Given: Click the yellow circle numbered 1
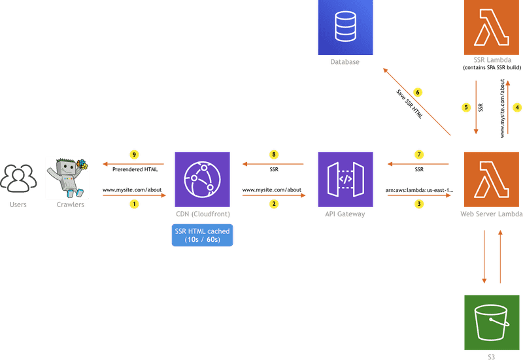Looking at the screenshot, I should (134, 204).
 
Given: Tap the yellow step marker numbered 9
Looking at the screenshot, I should (134, 155).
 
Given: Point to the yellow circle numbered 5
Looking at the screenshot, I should (466, 107).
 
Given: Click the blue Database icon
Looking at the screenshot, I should (345, 27).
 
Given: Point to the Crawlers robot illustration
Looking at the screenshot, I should (67, 176).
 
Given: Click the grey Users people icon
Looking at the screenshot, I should (18, 178).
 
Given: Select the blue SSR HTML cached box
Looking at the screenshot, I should (202, 236).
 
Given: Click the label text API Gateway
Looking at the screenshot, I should (345, 214).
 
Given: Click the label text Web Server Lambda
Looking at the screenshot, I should (492, 214).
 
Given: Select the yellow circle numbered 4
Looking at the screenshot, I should (516, 107).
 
